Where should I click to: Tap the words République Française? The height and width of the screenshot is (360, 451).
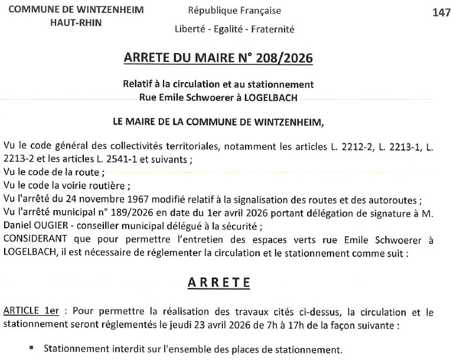point(234,11)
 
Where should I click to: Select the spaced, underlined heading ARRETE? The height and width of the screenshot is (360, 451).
point(219,282)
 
